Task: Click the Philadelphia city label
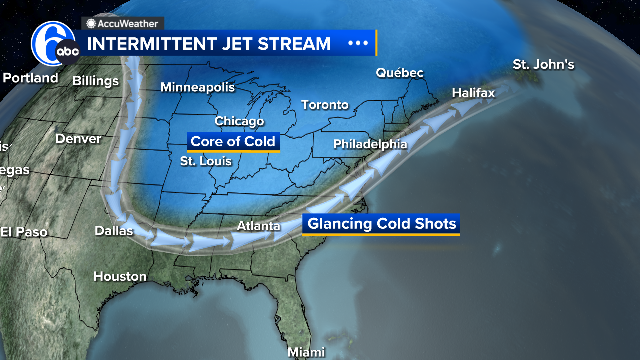tap(370, 144)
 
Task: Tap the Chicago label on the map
tap(239, 121)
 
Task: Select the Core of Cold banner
tap(233, 142)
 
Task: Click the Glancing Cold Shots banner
tap(381, 224)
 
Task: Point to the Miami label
tap(306, 352)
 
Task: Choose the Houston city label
tap(120, 276)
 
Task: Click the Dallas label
tap(114, 231)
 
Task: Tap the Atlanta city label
tap(258, 226)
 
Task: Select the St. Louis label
tap(206, 161)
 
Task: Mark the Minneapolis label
tap(197, 87)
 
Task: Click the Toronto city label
tap(324, 105)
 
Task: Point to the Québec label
tap(399, 73)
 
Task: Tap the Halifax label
tap(473, 93)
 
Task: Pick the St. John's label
tap(543, 65)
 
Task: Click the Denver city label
tap(78, 139)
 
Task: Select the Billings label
tap(95, 81)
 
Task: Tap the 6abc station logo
tap(54, 44)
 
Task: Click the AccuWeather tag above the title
tap(123, 23)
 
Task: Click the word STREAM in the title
tap(294, 44)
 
